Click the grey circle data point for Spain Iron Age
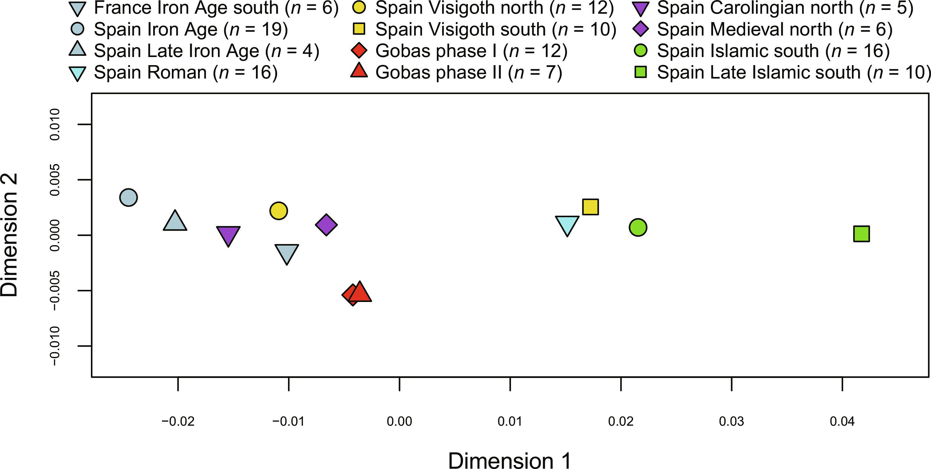[x=128, y=198]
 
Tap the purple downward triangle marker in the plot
[x=228, y=235]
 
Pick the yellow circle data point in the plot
[x=278, y=210]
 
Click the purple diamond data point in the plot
[x=326, y=225]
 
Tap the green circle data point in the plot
[x=638, y=227]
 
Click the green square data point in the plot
[x=861, y=234]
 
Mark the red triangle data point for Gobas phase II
[x=360, y=293]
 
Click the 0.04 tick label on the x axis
[x=842, y=421]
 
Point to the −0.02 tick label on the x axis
[x=178, y=421]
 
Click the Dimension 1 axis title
[x=510, y=460]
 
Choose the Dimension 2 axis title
[x=9, y=235]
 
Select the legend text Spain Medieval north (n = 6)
[x=774, y=29]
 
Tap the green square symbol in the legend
[x=640, y=72]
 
